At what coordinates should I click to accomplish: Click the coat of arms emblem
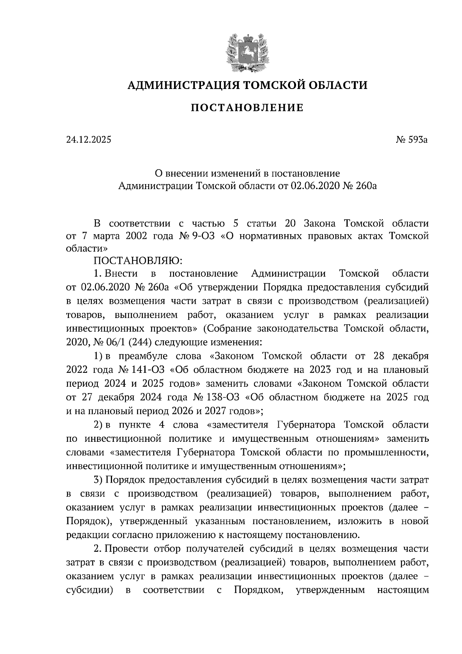click(246, 53)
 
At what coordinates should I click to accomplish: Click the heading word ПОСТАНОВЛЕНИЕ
click(247, 108)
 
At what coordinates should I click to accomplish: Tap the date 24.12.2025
click(89, 140)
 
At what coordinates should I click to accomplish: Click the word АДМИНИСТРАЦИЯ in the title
click(180, 85)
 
